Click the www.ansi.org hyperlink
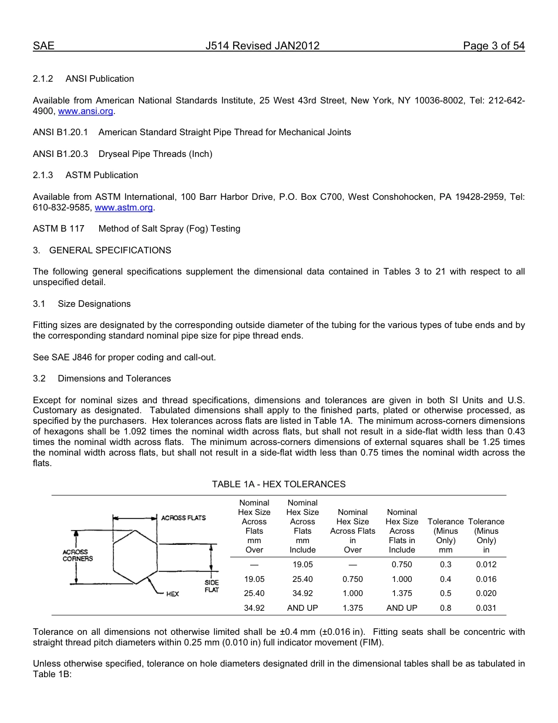[86, 111]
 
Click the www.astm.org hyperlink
[124, 207]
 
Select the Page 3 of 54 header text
[493, 46]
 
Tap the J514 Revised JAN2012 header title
[263, 46]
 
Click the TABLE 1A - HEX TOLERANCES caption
[278, 484]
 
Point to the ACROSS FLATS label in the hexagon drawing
[183, 518]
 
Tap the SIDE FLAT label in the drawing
[211, 586]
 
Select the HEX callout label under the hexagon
[172, 594]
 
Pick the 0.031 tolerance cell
[486, 608]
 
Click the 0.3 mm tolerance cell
[446, 564]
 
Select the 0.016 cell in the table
[486, 579]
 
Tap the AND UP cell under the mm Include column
[302, 608]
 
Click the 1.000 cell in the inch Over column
[352, 594]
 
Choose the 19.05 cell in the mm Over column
[254, 579]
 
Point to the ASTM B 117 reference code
[59, 229]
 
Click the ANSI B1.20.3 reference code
[60, 154]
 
